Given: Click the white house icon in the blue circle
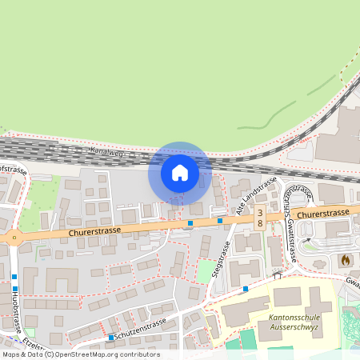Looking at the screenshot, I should click(180, 172).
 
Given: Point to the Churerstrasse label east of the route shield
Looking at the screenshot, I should click(322, 213).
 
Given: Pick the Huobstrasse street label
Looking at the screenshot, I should click(15, 311).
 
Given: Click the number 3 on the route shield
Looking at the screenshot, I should click(260, 211).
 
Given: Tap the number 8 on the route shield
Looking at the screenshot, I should click(260, 223).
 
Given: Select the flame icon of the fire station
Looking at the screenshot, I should click(345, 260).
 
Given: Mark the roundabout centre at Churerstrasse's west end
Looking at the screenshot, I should click(14, 237).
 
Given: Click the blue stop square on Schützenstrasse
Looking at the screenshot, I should click(110, 338).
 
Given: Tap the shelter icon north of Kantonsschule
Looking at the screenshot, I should click(278, 275).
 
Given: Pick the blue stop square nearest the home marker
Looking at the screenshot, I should click(190, 223).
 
